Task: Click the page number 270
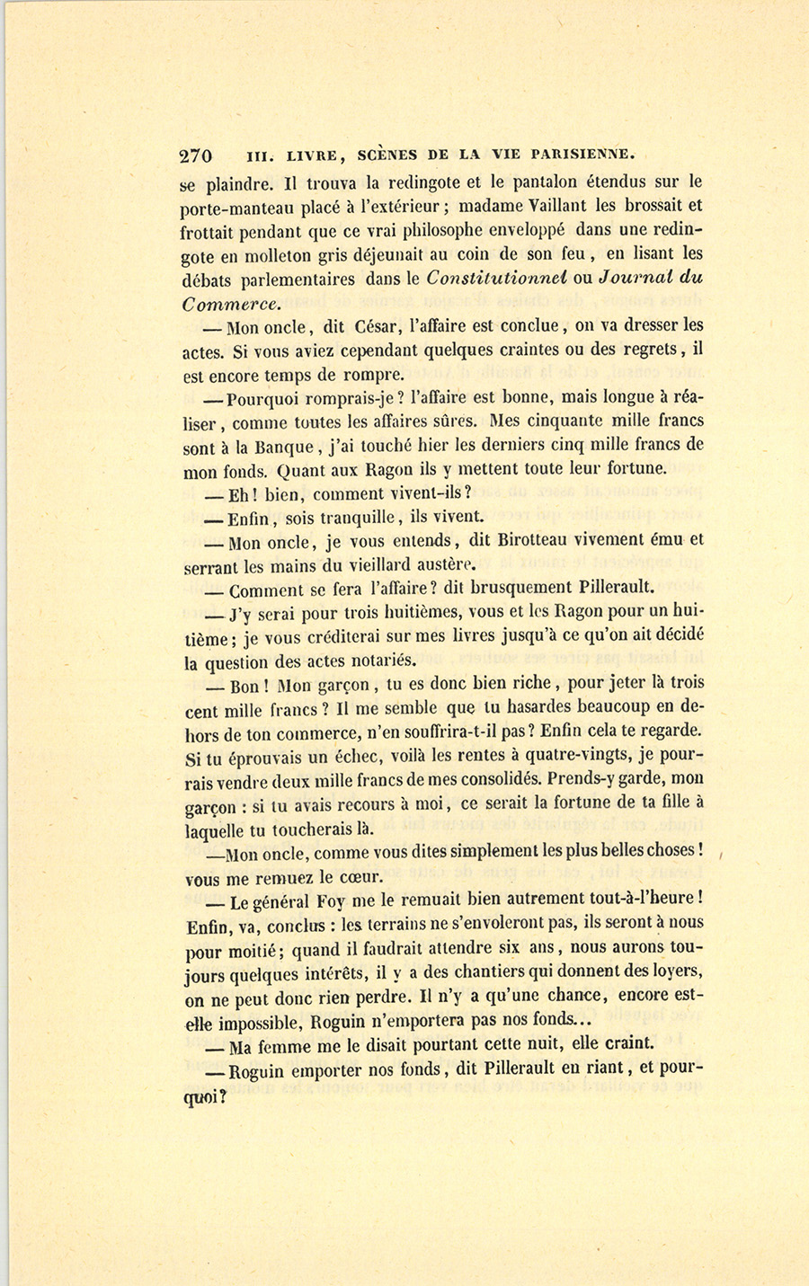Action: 196,155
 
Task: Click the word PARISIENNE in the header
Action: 583,154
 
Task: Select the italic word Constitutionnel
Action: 495,279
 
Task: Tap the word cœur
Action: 361,876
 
